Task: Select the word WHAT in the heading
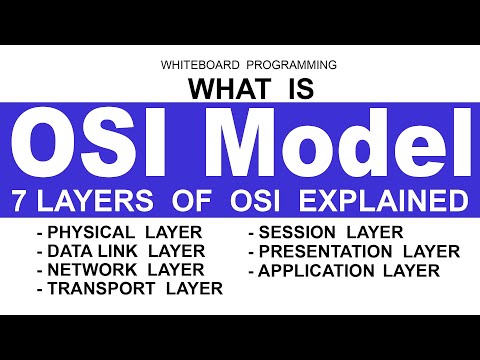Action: click(225, 89)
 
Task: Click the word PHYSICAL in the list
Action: click(93, 232)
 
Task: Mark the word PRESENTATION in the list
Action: click(331, 251)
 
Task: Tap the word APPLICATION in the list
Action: click(322, 270)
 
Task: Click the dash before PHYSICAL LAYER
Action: click(39, 233)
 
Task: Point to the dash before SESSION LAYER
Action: click(251, 233)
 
